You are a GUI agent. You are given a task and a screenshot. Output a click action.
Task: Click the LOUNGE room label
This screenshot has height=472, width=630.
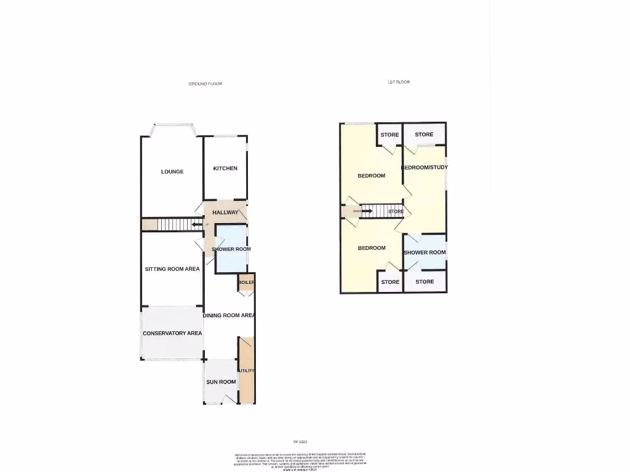coord(172,171)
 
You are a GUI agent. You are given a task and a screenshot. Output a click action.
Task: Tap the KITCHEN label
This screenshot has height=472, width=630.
coord(225,168)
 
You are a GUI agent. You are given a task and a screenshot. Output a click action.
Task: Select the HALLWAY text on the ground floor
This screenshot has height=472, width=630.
coord(225,213)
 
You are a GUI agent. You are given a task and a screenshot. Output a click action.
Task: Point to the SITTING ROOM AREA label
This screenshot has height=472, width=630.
coord(172,269)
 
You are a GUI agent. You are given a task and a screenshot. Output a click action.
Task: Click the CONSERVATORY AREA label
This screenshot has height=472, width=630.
coord(172,333)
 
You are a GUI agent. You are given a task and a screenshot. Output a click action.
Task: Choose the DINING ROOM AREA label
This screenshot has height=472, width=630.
coord(229,315)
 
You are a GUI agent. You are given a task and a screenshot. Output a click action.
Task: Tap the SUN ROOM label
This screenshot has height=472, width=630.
coord(221,382)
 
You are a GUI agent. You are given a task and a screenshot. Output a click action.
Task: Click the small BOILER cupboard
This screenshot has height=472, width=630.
coord(246,282)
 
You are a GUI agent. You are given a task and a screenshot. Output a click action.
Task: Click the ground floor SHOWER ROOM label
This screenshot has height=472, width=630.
coord(231,249)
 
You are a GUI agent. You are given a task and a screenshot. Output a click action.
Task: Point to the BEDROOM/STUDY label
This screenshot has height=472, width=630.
coord(425,167)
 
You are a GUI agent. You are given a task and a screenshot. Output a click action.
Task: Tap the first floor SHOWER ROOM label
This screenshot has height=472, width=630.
coord(425,253)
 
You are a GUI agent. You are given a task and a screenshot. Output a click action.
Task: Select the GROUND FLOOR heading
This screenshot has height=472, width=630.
coord(205,84)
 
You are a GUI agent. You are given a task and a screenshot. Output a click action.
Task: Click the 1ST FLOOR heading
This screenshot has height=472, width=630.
coord(399,82)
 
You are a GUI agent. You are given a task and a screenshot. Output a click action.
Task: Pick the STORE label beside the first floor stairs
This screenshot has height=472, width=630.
coord(396,211)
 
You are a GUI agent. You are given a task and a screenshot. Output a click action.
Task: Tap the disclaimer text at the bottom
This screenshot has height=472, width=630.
coord(301,460)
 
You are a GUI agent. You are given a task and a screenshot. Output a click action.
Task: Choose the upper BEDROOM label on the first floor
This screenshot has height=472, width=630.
coord(372,176)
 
